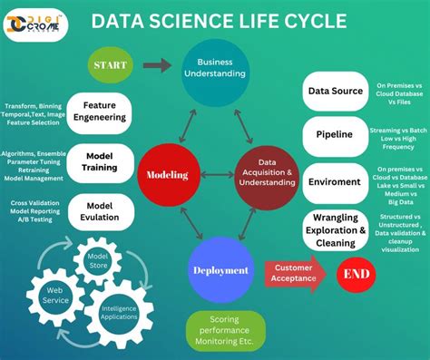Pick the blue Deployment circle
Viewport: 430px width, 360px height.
pyautogui.click(x=220, y=269)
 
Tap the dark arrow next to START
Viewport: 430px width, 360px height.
pyautogui.click(x=157, y=65)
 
